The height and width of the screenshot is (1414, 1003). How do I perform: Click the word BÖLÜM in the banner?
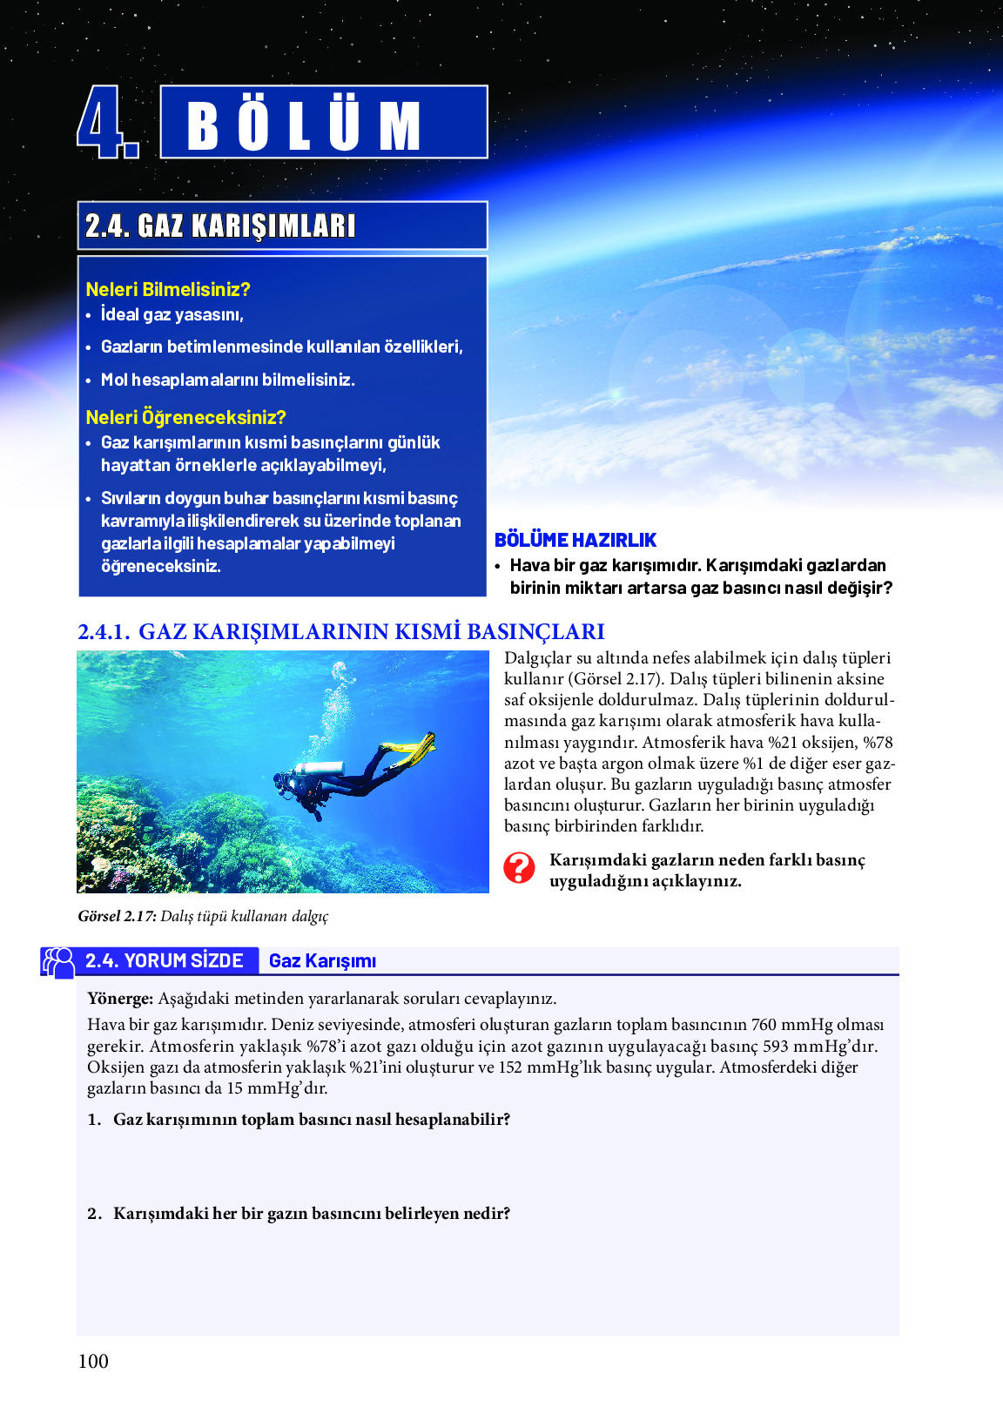[x=304, y=125]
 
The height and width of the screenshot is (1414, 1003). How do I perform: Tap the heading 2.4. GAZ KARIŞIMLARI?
[x=220, y=226]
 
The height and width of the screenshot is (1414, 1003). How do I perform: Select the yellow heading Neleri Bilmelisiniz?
[x=168, y=289]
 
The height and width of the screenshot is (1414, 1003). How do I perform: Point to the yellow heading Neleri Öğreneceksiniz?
[x=185, y=417]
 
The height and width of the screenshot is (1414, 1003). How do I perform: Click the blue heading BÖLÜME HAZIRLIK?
[x=576, y=540]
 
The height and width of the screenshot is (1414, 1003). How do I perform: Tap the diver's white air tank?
[x=319, y=769]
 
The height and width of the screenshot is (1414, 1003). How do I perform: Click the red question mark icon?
[x=519, y=868]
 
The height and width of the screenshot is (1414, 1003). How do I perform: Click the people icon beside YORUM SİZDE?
[x=59, y=962]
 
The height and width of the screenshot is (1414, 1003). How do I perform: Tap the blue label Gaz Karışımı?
[x=322, y=961]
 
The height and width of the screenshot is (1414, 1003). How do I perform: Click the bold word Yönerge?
[x=120, y=999]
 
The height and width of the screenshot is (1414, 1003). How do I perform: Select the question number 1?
[x=94, y=1120]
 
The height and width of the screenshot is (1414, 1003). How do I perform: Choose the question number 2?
[x=94, y=1214]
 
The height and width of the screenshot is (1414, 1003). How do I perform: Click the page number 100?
[x=93, y=1362]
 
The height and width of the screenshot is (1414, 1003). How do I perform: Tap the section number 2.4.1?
[x=104, y=631]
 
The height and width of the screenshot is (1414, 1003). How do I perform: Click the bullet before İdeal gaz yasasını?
[x=89, y=315]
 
